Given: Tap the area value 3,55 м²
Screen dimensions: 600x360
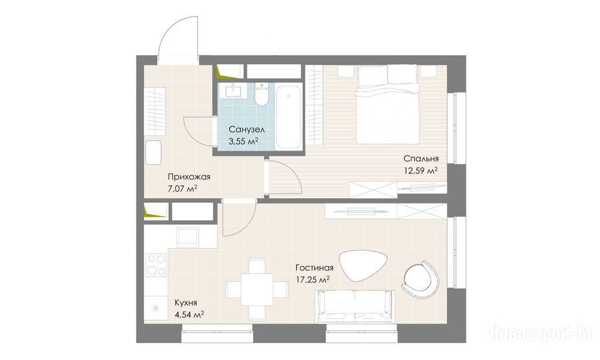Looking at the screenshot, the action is point(243,141).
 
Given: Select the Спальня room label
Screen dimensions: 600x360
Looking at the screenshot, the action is point(421,158).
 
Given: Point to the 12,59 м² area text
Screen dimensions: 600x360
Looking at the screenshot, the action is point(421,171).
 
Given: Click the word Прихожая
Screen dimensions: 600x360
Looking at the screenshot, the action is point(189,177).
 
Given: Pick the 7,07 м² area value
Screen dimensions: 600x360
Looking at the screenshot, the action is point(183,189).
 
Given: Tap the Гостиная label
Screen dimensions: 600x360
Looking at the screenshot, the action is point(314,268).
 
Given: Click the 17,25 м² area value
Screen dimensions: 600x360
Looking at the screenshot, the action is point(313,280).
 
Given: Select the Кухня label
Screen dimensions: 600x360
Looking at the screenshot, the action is point(186,303).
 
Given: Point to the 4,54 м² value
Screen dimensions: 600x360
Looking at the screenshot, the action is point(189,315).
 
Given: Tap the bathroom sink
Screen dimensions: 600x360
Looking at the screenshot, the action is point(233,90).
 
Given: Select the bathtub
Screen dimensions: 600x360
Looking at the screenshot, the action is point(288,117).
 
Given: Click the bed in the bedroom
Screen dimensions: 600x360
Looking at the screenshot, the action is point(387,104).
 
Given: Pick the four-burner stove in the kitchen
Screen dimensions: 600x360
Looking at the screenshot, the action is point(156,265).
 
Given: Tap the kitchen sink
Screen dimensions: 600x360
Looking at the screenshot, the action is point(187,236).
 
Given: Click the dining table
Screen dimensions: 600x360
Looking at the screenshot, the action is point(257,289).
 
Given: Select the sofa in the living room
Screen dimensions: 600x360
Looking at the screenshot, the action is point(354,307).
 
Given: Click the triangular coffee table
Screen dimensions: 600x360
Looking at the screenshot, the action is point(360,266).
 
